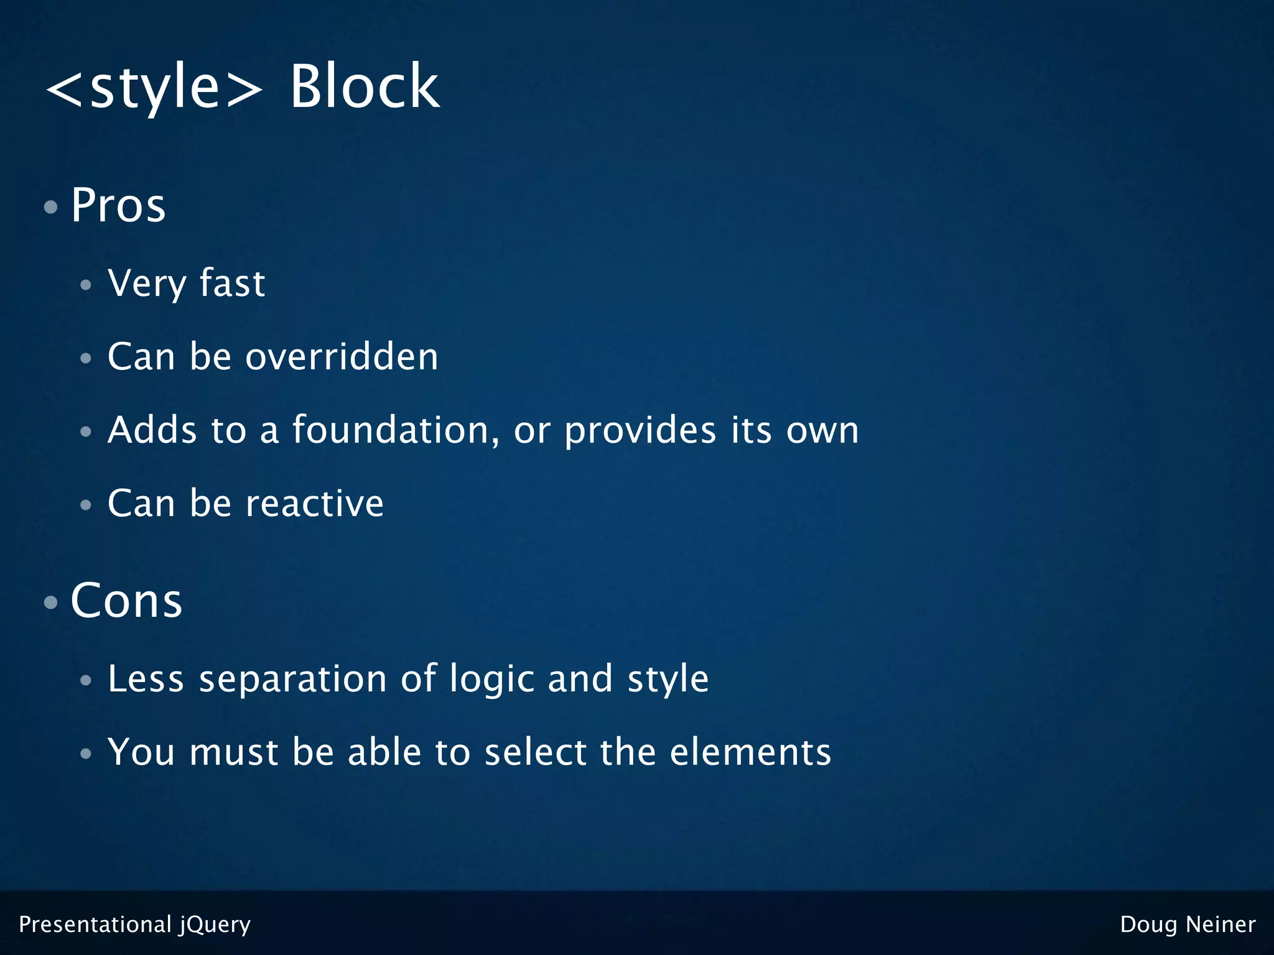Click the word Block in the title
pyautogui.click(x=365, y=87)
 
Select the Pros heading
pyautogui.click(x=118, y=205)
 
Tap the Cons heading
pyautogui.click(x=126, y=601)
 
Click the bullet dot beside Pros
pyautogui.click(x=51, y=207)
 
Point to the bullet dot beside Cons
pyautogui.click(x=51, y=602)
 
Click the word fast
pyautogui.click(x=232, y=284)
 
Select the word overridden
pyautogui.click(x=342, y=357)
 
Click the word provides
pyautogui.click(x=640, y=430)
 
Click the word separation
pyautogui.click(x=292, y=679)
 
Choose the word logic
pyautogui.click(x=491, y=679)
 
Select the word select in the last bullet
pyautogui.click(x=536, y=752)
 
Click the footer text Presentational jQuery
pyautogui.click(x=135, y=925)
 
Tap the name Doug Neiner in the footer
pyautogui.click(x=1188, y=925)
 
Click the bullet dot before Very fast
pyautogui.click(x=86, y=285)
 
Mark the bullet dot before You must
pyautogui.click(x=86, y=754)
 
